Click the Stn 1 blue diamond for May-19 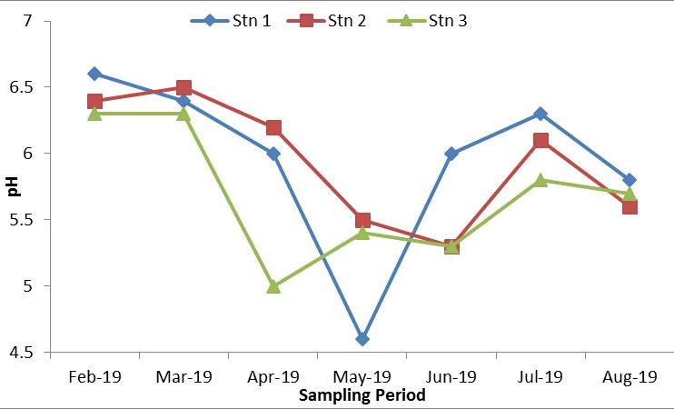[x=362, y=339]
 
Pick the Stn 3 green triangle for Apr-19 [x=273, y=286]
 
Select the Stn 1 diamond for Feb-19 [x=94, y=74]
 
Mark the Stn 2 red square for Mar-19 [x=183, y=88]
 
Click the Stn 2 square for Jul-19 [x=540, y=141]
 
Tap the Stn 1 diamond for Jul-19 [x=540, y=114]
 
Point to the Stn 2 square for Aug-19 [x=629, y=207]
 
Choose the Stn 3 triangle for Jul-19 [x=540, y=180]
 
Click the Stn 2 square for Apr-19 [x=273, y=128]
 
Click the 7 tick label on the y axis [x=40, y=21]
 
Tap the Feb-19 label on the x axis [x=94, y=376]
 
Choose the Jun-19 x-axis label [x=451, y=376]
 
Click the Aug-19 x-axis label [x=629, y=376]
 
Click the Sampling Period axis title [x=362, y=396]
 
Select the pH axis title [x=13, y=187]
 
